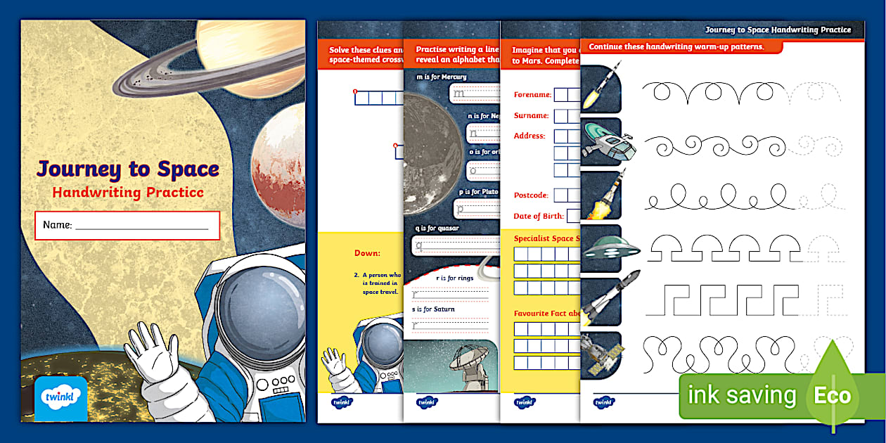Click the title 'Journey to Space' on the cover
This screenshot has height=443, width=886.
tap(128, 169)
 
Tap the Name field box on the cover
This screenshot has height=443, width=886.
tap(127, 225)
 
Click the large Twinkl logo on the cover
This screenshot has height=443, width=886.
tap(61, 397)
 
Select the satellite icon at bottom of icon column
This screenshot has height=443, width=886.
tap(601, 354)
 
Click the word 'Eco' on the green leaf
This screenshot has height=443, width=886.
tap(833, 396)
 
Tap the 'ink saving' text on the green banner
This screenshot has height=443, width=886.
tap(742, 396)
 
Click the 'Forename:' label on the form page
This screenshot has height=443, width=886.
tap(532, 94)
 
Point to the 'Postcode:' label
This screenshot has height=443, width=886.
tap(531, 195)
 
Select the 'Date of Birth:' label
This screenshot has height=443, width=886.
tap(538, 215)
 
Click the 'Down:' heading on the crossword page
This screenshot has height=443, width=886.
tap(367, 253)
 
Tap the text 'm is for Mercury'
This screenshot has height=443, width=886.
tap(442, 77)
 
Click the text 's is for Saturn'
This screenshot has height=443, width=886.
tap(433, 309)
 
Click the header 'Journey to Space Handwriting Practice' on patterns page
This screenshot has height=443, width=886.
tap(778, 30)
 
